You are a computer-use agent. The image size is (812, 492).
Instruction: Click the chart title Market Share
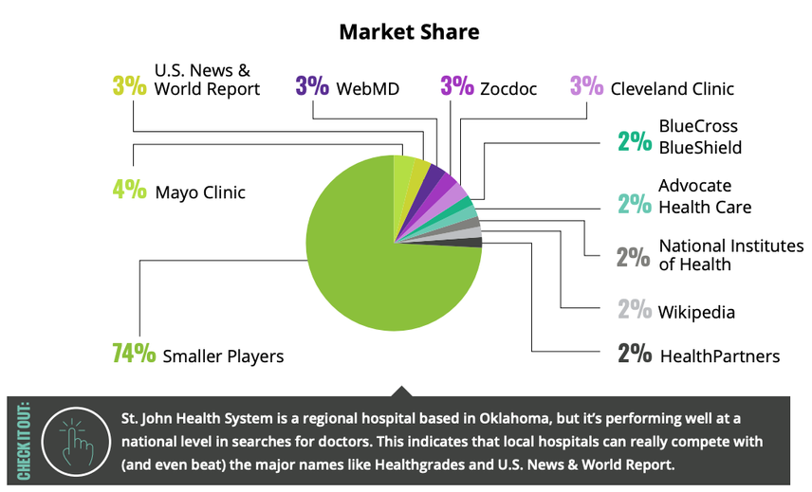click(409, 31)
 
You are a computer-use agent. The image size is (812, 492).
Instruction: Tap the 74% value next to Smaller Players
click(134, 355)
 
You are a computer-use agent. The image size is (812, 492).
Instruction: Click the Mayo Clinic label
click(200, 192)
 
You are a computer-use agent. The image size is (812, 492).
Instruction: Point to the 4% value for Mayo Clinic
click(129, 191)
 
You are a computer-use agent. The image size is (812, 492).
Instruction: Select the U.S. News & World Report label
click(207, 80)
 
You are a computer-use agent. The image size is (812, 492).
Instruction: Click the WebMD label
click(367, 89)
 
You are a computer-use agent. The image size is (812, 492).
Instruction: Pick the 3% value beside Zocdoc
click(456, 87)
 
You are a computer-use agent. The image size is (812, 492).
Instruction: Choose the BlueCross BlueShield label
click(700, 137)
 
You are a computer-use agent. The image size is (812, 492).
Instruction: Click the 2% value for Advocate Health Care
click(634, 203)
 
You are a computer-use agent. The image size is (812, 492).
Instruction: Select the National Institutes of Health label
click(730, 255)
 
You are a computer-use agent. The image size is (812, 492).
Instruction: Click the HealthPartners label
click(719, 356)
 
